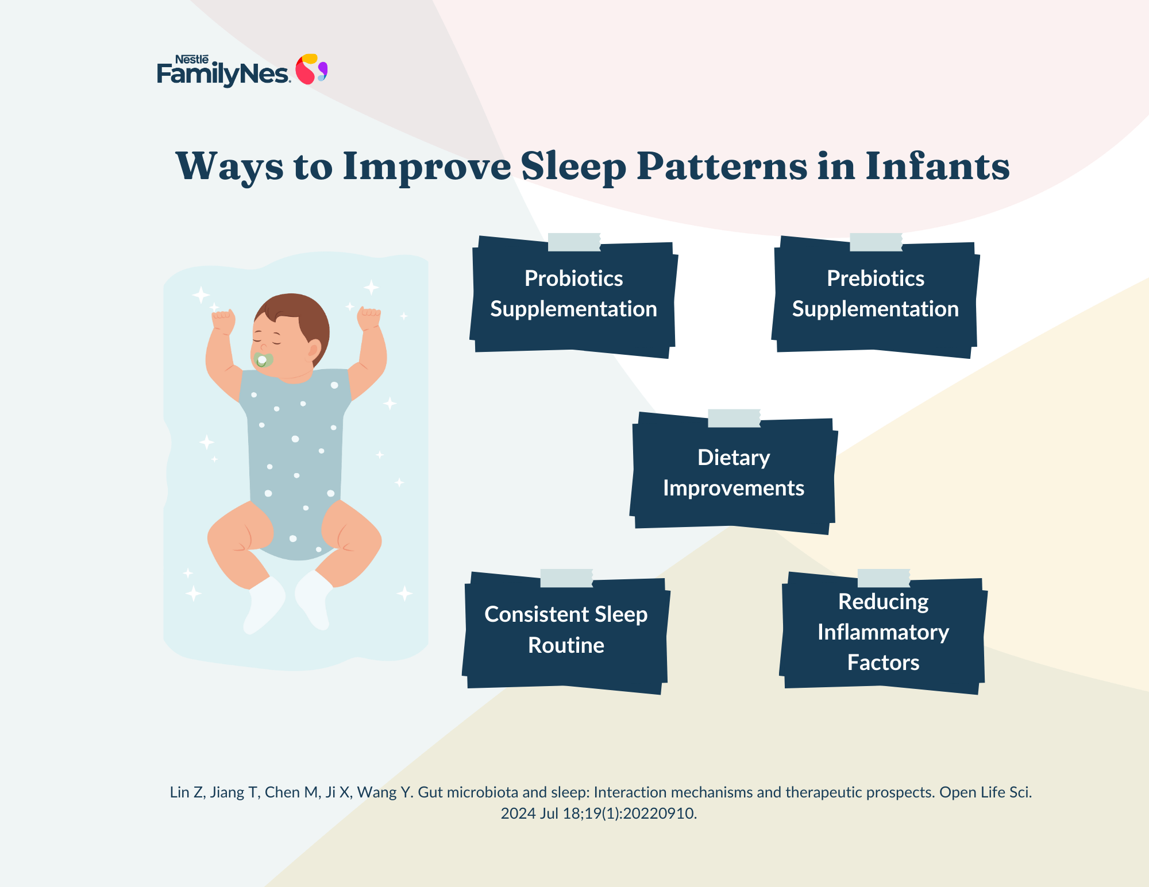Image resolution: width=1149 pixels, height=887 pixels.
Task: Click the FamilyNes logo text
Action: [x=223, y=71]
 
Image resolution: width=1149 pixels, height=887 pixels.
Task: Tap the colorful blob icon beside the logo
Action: [x=311, y=69]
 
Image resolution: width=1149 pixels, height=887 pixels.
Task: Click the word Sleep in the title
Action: [x=573, y=167]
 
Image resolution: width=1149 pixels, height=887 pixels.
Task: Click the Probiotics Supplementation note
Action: [x=573, y=296]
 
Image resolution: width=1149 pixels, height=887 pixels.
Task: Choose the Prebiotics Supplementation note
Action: [x=876, y=296]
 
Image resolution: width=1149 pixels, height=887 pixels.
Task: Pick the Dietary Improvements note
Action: [x=734, y=472]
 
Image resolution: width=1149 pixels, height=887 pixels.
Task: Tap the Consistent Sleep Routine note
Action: [x=566, y=632]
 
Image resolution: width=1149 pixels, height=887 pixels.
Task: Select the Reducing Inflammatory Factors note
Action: [x=883, y=632]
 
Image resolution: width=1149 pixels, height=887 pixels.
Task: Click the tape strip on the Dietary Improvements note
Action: [x=734, y=418]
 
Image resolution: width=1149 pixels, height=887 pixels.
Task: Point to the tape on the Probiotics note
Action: [x=574, y=242]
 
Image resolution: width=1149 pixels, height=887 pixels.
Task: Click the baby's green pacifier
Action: [x=263, y=360]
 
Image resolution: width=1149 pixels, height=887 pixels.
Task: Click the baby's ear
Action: [x=314, y=348]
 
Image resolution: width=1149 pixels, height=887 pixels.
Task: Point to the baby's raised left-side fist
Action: [x=223, y=321]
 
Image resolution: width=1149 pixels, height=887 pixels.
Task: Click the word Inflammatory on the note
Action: [x=883, y=632]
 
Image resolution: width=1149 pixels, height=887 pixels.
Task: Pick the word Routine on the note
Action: [x=566, y=645]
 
